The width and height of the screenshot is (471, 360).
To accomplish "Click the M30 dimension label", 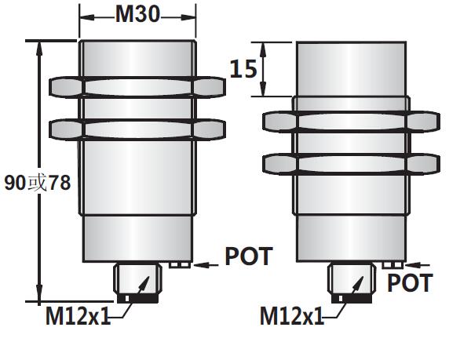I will point(137,13).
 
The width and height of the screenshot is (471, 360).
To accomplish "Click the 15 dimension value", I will point(243,69).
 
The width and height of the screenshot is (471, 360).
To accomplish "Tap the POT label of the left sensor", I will point(248,256).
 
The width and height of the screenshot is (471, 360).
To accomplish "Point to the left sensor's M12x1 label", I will point(76,317).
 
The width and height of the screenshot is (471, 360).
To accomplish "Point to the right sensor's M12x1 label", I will point(292,317).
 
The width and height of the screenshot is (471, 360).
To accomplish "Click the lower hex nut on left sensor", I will point(137,127).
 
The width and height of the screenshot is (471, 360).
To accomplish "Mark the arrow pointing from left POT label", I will point(206,265).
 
